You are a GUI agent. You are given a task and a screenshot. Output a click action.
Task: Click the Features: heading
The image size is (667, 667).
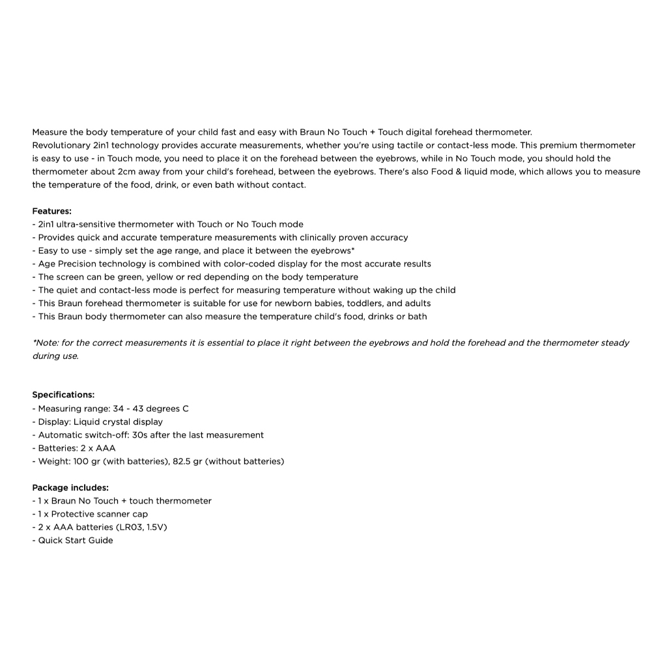point(52,211)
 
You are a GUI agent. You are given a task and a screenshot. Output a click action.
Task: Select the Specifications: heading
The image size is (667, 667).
point(63,395)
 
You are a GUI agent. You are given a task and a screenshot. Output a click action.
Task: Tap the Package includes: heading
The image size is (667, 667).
point(70,487)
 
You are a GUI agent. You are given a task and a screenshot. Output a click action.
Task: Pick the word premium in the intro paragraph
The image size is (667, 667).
point(558,145)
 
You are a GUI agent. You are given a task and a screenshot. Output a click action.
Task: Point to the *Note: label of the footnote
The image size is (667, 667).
point(45,343)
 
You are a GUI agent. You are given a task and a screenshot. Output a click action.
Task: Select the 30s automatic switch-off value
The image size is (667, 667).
point(139,435)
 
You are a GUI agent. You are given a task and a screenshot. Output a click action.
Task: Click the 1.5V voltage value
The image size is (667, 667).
point(155,527)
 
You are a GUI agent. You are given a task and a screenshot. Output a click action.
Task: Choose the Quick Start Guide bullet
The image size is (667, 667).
point(75,540)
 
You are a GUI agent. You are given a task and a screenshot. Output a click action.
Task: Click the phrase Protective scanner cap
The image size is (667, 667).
point(99,514)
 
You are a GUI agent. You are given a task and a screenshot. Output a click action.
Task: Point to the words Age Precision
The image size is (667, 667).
point(67,264)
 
